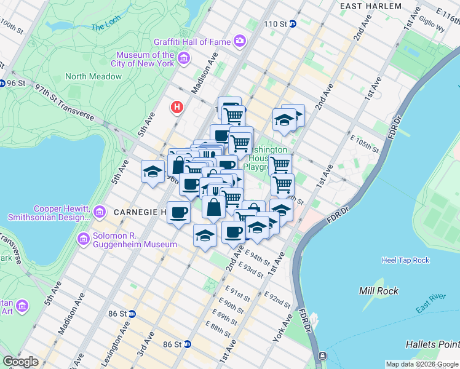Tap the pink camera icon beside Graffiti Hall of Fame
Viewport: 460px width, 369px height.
click(x=239, y=42)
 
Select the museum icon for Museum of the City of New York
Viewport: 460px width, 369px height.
click(x=183, y=59)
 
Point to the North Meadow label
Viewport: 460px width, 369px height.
click(x=93, y=76)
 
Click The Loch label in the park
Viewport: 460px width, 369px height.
click(x=106, y=27)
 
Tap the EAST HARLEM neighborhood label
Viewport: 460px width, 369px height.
click(x=371, y=6)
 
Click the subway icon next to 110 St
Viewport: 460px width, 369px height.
click(x=293, y=24)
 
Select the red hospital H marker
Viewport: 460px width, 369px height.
click(x=177, y=108)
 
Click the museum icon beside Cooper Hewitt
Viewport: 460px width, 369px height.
click(x=98, y=213)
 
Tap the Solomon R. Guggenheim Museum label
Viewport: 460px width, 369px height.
click(x=135, y=240)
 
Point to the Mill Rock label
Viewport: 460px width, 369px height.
click(x=379, y=291)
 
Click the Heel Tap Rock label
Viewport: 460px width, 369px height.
click(x=405, y=260)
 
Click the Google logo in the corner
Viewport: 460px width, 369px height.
click(x=20, y=362)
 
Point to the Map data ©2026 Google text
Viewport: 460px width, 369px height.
click(x=421, y=364)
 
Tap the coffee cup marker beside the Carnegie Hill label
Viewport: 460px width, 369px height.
click(x=178, y=213)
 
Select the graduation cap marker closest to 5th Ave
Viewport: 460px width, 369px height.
click(x=152, y=172)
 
